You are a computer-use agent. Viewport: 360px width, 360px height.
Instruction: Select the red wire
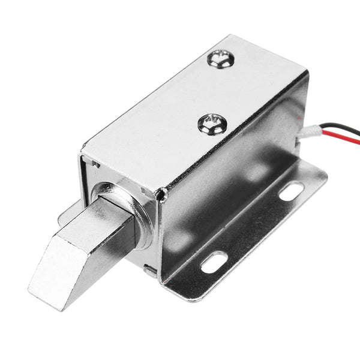[x=336, y=142]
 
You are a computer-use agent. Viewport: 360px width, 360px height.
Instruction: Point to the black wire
[x=336, y=128]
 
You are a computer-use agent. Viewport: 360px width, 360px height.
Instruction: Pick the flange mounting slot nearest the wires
[x=292, y=191]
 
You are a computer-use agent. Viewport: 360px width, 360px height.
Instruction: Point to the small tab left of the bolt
[x=70, y=209]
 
